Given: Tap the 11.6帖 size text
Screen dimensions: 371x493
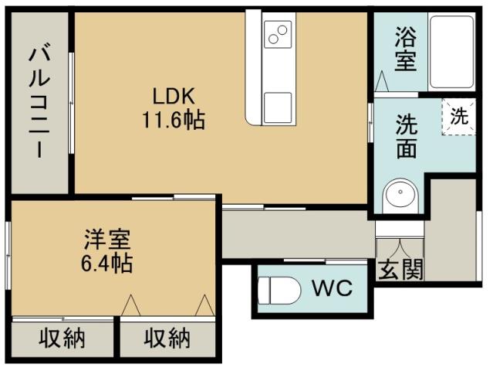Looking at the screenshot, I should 173,121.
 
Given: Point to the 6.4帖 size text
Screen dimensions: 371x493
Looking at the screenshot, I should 106,264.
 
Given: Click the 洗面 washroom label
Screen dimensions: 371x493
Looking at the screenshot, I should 407,136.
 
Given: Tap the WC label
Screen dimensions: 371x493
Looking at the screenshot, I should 332,289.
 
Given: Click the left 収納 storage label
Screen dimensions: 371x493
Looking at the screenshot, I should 63,339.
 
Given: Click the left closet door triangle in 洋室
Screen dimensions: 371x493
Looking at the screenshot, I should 130,305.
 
